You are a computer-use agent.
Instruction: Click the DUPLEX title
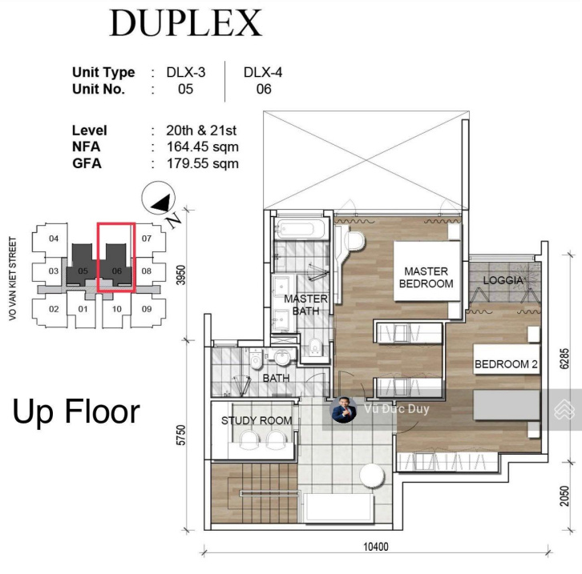pyautogui.click(x=186, y=23)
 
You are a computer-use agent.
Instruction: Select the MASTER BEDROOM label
pyautogui.click(x=426, y=277)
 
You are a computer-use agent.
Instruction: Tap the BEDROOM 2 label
pyautogui.click(x=506, y=364)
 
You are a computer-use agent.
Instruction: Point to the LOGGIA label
pyautogui.click(x=503, y=280)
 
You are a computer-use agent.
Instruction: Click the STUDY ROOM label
pyautogui.click(x=257, y=420)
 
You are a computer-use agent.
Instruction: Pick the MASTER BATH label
pyautogui.click(x=306, y=304)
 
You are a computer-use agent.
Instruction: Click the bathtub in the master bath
pyautogui.click(x=301, y=230)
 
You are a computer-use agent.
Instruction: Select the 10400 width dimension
pyautogui.click(x=376, y=547)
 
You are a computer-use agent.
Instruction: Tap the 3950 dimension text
pyautogui.click(x=180, y=275)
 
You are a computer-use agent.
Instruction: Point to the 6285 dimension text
pyautogui.click(x=564, y=359)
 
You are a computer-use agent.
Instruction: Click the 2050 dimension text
pyautogui.click(x=564, y=496)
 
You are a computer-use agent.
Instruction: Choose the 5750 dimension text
pyautogui.click(x=180, y=435)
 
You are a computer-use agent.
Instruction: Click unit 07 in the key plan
pyautogui.click(x=147, y=239)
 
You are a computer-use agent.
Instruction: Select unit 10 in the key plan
pyautogui.click(x=116, y=309)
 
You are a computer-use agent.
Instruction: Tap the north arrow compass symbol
pyautogui.click(x=159, y=198)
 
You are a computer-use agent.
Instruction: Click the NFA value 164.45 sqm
pyautogui.click(x=202, y=147)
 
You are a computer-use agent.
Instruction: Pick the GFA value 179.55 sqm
pyautogui.click(x=202, y=163)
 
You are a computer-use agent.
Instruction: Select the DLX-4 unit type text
pyautogui.click(x=263, y=72)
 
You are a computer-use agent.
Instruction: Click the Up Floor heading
pyautogui.click(x=76, y=411)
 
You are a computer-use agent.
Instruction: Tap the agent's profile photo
pyautogui.click(x=343, y=409)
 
